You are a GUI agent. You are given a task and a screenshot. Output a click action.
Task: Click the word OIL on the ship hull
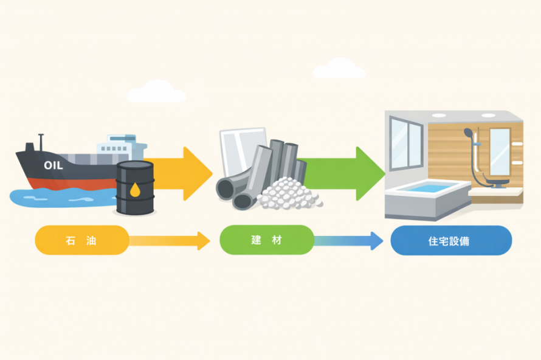(x=53, y=165)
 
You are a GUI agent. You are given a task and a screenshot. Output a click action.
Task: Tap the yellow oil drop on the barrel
(x=135, y=190)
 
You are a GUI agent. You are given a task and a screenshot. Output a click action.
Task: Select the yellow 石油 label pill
(x=81, y=240)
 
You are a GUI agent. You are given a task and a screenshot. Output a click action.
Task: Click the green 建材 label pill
(x=266, y=240)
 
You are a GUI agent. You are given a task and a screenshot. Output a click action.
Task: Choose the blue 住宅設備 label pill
(x=450, y=241)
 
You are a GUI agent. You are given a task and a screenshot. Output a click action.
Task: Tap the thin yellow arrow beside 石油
(x=170, y=241)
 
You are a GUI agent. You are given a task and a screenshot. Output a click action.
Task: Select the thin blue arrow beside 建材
(x=349, y=241)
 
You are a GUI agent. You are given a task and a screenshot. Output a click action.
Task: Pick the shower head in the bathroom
(x=468, y=132)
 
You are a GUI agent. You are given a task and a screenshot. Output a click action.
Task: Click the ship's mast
(x=41, y=141)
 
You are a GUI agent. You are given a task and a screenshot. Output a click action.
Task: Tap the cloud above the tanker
(x=156, y=92)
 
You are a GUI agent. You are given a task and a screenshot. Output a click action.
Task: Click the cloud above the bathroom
(x=339, y=68)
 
